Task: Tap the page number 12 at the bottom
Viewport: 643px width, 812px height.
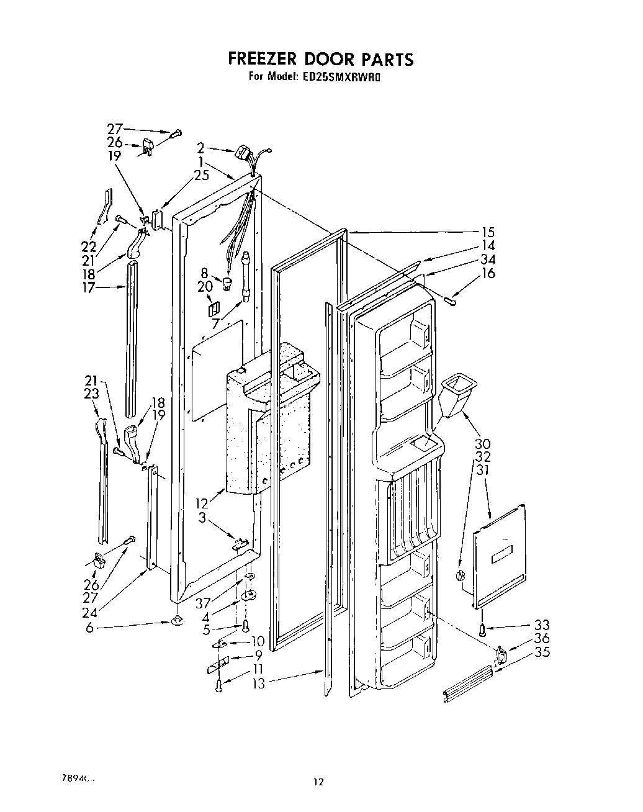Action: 318,782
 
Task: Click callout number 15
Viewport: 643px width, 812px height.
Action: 488,232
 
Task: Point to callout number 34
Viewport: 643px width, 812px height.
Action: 488,259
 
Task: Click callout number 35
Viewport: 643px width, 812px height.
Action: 542,652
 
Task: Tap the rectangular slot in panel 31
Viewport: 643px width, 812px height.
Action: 500,558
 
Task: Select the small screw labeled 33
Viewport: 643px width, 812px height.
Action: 482,629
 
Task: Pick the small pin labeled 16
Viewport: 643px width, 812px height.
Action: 451,301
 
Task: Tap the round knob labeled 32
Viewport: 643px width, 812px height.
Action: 460,576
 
